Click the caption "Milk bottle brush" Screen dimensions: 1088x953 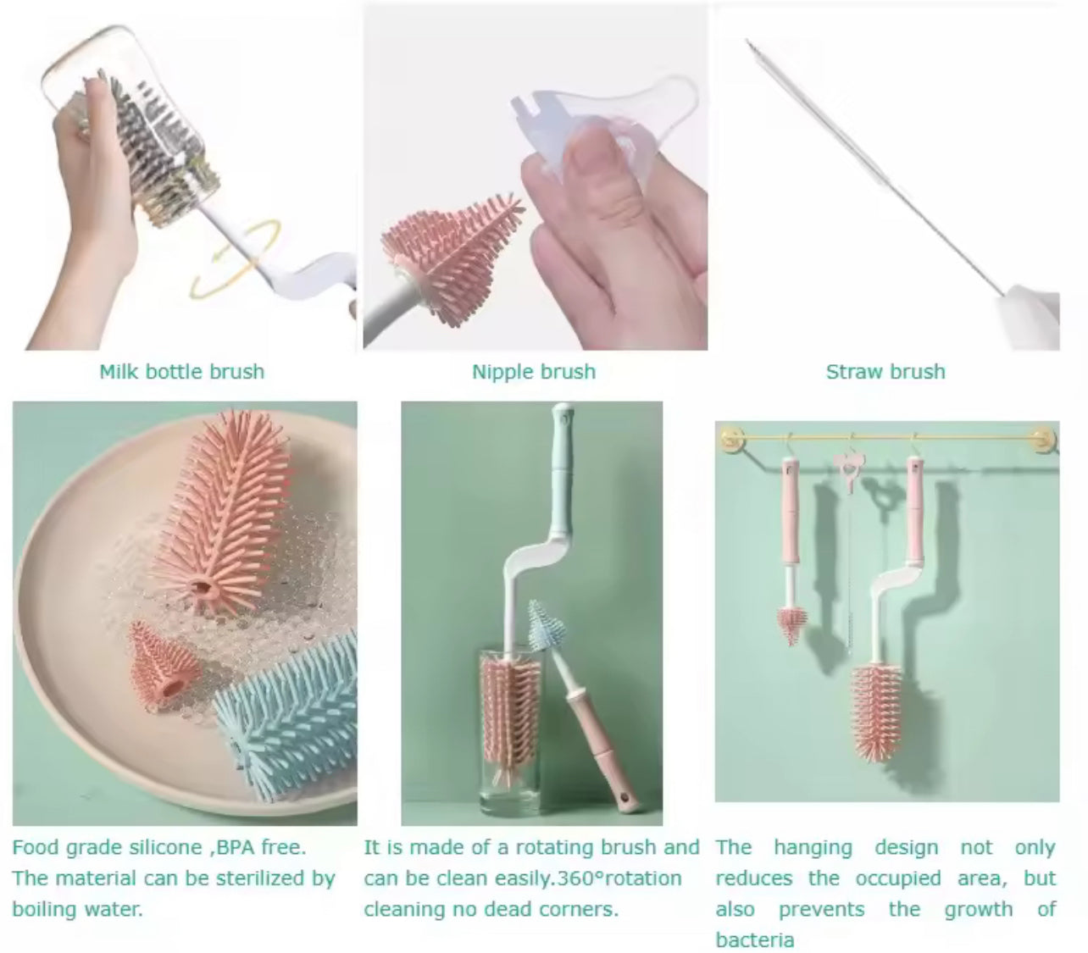click(181, 372)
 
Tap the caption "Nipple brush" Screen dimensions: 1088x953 click(534, 372)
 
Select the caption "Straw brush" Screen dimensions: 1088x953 click(885, 372)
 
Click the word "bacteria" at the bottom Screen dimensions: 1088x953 click(754, 940)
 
